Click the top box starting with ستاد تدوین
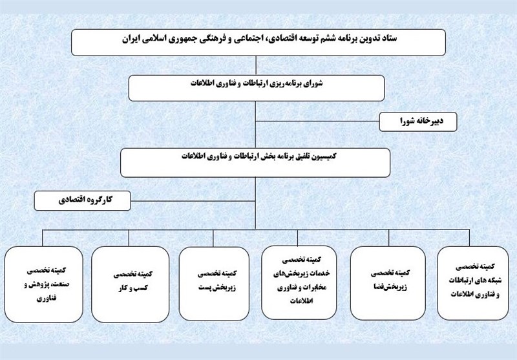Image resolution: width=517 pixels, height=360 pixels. click(258, 42)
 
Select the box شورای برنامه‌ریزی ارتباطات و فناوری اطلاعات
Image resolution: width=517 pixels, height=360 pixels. click(257, 88)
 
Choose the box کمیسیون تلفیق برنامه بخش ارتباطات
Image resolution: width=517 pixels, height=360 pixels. click(255, 162)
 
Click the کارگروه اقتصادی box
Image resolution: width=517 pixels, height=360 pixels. click(83, 200)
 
